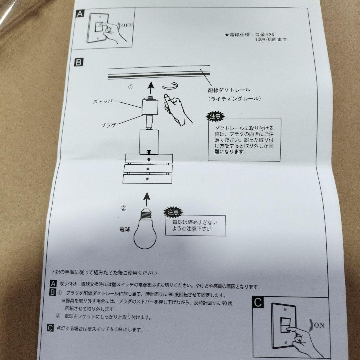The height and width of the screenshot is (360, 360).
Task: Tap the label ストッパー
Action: pyautogui.click(x=105, y=102)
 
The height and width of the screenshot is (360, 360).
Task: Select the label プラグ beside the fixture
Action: pyautogui.click(x=108, y=125)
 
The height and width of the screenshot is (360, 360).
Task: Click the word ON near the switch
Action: pyautogui.click(x=319, y=325)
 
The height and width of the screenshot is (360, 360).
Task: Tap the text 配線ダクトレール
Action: pyautogui.click(x=229, y=90)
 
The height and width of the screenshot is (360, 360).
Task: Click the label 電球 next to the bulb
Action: pyautogui.click(x=125, y=230)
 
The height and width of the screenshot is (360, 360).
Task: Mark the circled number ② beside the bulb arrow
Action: pyautogui.click(x=123, y=208)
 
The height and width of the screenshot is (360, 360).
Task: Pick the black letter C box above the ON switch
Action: pyautogui.click(x=258, y=303)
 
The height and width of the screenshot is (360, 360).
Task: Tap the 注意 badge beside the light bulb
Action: pyautogui.click(x=173, y=212)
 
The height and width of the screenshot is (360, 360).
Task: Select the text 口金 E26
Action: pyautogui.click(x=264, y=34)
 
